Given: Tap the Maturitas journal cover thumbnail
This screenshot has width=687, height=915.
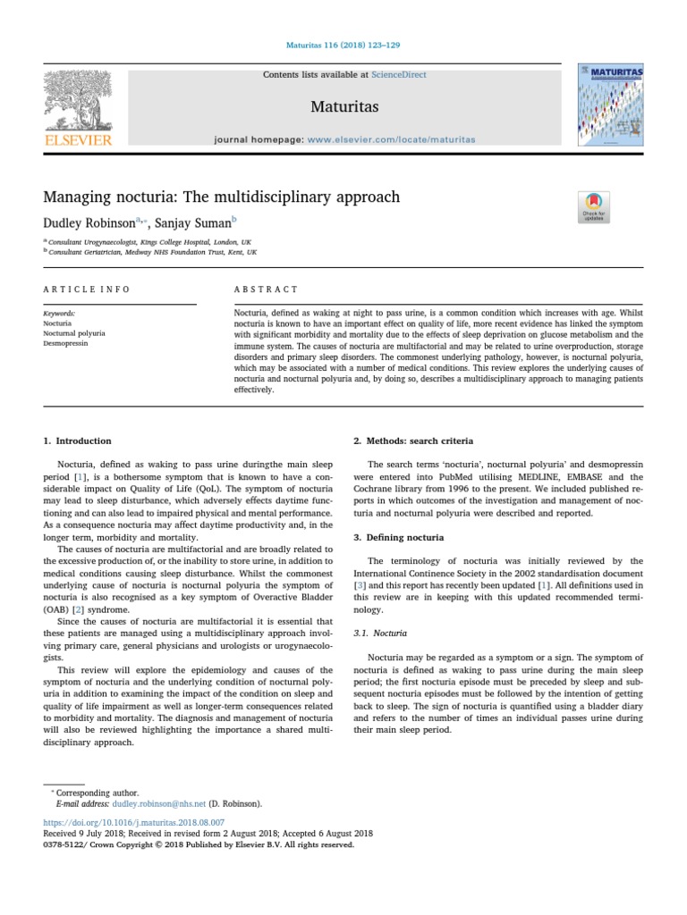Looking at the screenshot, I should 609,105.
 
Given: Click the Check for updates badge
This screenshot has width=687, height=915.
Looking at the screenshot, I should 593,206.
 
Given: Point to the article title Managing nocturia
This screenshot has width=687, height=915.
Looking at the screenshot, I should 222,197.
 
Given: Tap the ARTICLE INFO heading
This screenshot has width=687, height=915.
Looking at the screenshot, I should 87,290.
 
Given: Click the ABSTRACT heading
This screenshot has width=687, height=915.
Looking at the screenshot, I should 266,290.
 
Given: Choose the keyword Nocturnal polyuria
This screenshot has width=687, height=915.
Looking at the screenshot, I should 74,332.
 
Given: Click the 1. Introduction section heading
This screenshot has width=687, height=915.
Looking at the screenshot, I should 78,441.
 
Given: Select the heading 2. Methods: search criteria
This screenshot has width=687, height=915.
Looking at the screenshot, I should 413,441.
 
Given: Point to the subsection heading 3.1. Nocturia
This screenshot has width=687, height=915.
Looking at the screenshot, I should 382,633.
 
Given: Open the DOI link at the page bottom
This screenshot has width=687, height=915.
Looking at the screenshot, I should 134,821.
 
